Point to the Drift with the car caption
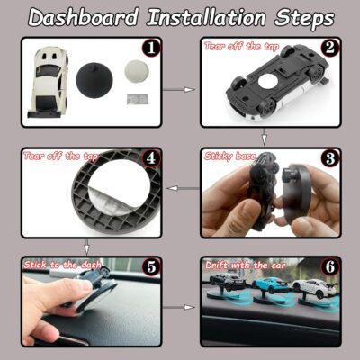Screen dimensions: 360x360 243,265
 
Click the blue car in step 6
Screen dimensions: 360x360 269,287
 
